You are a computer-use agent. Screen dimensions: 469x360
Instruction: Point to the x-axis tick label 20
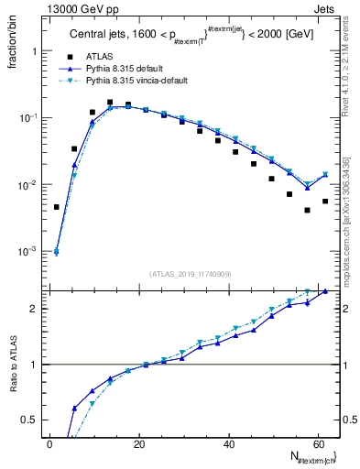(x=138, y=445)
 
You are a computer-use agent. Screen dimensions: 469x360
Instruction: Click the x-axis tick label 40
(x=228, y=445)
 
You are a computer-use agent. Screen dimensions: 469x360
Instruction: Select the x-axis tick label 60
(x=317, y=445)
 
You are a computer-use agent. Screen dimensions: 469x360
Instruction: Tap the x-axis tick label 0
(x=49, y=445)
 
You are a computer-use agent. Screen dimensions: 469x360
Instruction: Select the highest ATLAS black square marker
(x=110, y=103)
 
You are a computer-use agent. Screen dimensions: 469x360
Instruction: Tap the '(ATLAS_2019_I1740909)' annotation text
(x=191, y=274)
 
